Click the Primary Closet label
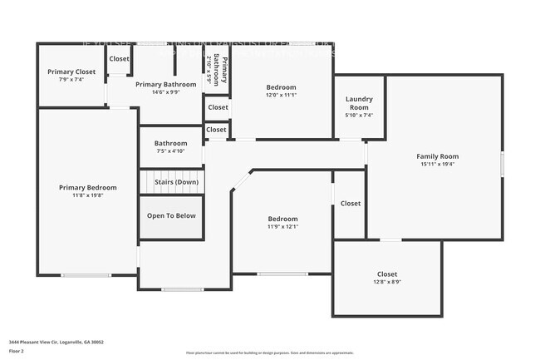coord(71,72)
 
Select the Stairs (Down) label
coord(171,182)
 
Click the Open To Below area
coord(171,215)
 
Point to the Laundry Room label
coord(359,103)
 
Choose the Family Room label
coord(437,155)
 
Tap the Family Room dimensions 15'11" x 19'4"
coord(437,164)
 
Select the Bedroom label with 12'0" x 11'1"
coord(282,87)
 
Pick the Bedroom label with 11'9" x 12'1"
coord(282,218)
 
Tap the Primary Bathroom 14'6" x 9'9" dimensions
coord(166,92)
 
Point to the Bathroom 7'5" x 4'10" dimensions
coord(171,151)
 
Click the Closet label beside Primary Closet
coord(119,59)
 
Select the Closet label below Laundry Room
coord(350,203)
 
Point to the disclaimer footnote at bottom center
coord(269,353)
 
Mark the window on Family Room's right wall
coord(503,161)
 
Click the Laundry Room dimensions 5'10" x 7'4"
coord(359,116)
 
